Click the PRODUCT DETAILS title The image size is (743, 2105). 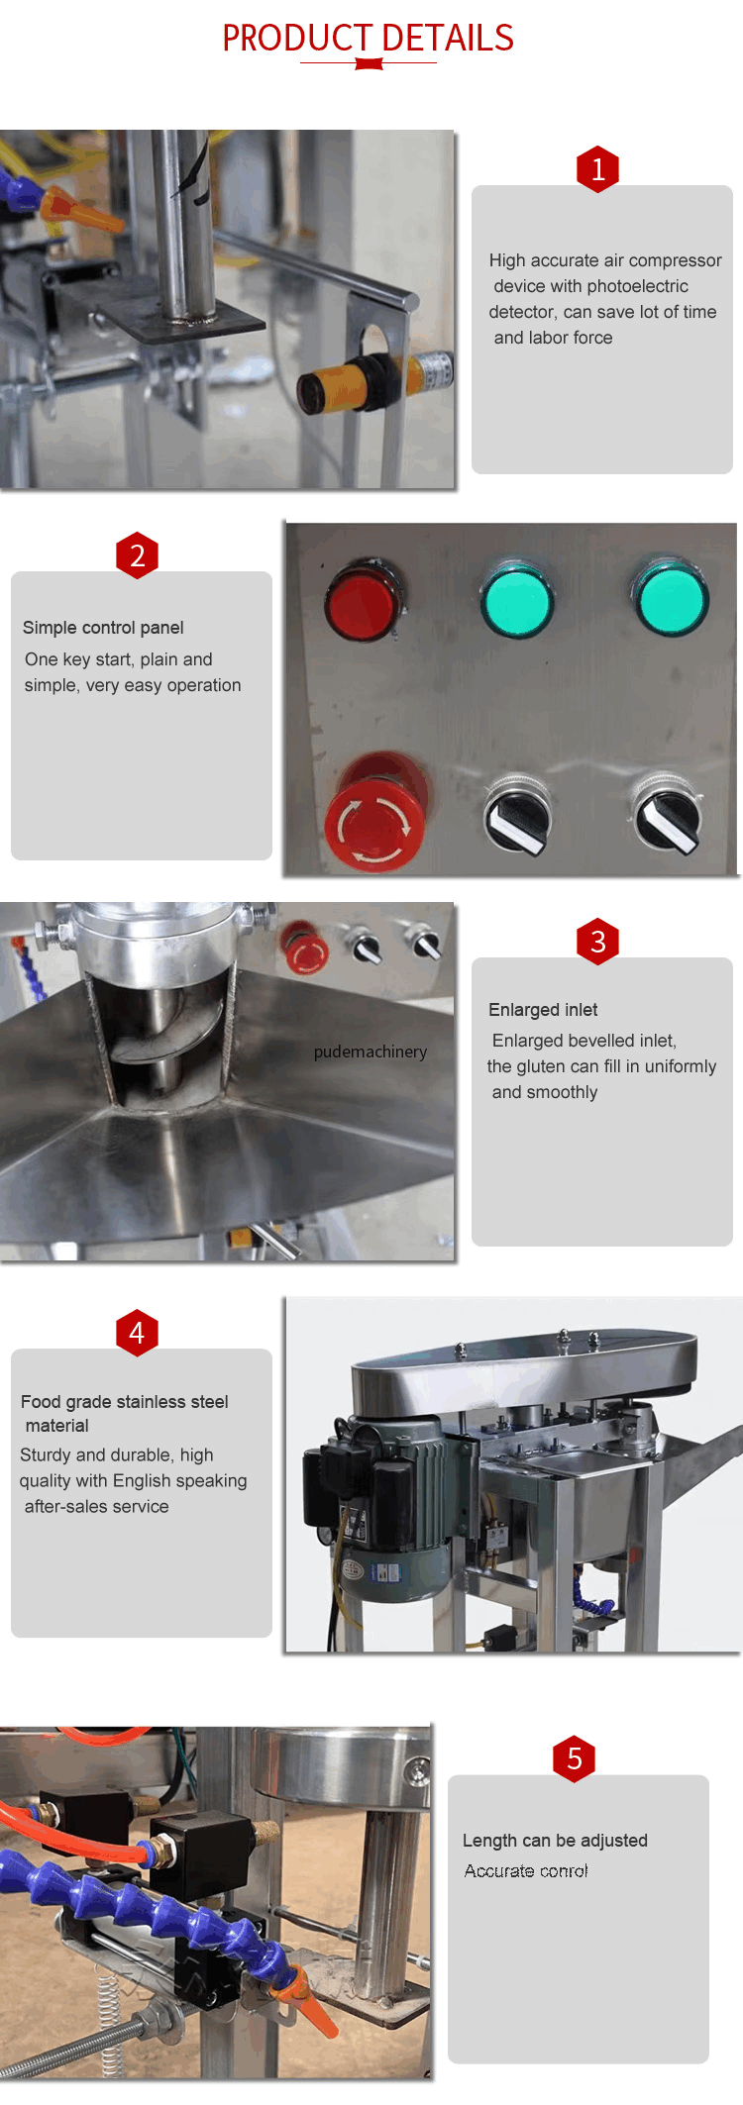tap(368, 39)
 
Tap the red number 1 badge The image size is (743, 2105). tap(597, 169)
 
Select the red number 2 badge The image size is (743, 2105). tap(137, 555)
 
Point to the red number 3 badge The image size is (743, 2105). tap(597, 942)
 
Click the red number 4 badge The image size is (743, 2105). tap(137, 1333)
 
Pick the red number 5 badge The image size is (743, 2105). tap(574, 1758)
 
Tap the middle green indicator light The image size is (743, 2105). tap(516, 600)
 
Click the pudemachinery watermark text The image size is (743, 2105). tap(371, 1052)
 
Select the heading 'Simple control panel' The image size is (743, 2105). tap(103, 628)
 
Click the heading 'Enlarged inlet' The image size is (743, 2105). tap(543, 1010)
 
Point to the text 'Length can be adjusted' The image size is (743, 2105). tap(555, 1841)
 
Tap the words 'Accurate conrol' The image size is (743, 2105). tap(526, 1870)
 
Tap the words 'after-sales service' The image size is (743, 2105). tap(96, 1506)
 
